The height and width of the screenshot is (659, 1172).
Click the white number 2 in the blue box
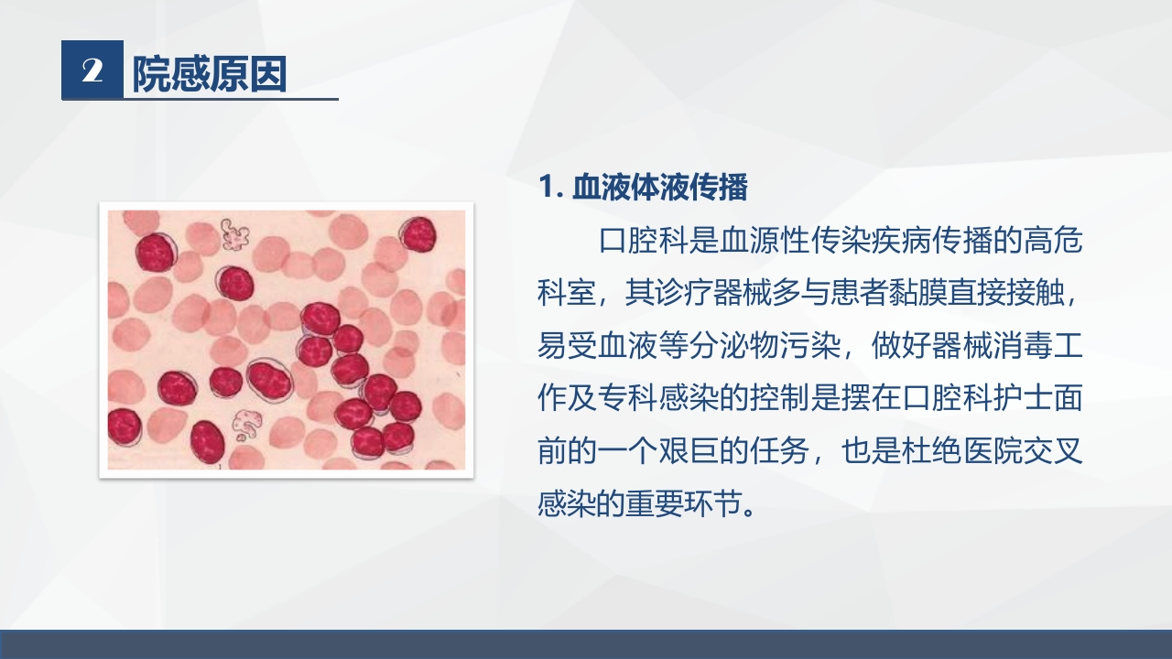point(92,70)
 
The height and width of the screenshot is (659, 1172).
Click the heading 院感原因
point(211,73)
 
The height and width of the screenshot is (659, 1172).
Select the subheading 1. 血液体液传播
point(644,188)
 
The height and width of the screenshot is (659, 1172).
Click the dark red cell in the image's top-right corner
point(418,235)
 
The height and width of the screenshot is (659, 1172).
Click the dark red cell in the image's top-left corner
point(156,252)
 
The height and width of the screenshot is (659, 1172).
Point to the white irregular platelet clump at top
point(235,234)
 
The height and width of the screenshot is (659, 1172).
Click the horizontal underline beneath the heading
point(229,98)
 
